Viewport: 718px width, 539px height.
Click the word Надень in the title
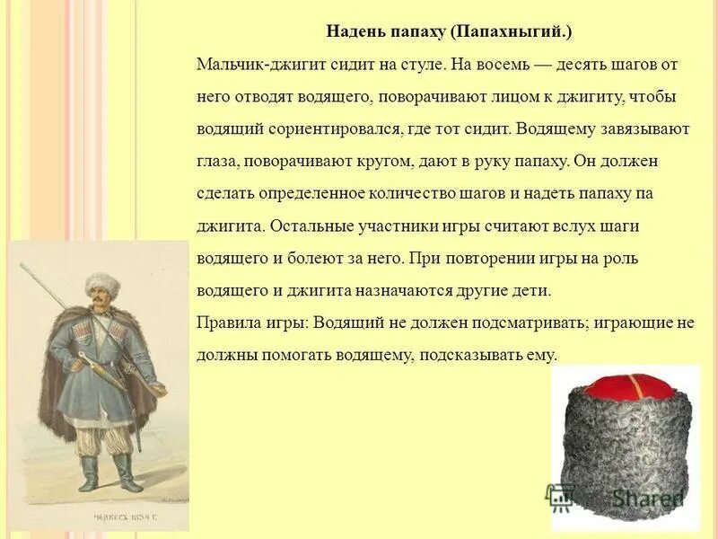(356, 31)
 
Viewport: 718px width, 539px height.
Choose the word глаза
(217, 162)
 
